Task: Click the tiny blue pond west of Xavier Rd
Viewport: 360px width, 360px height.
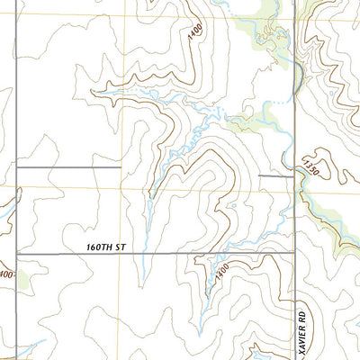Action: [x=230, y=206]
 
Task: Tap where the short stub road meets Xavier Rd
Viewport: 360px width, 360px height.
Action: [x=295, y=175]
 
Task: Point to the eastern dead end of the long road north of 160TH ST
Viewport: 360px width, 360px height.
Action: [x=120, y=167]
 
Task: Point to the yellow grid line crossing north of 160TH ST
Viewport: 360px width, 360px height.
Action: [x=120, y=187]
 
